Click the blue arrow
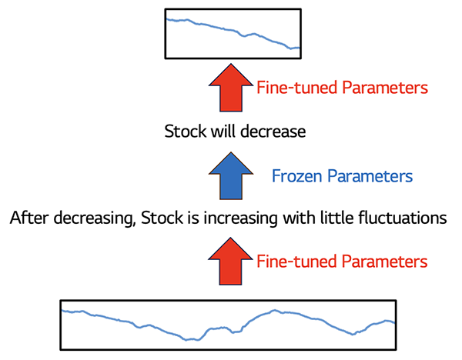(231, 176)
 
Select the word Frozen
(297, 176)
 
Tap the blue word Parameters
(370, 177)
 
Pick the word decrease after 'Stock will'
(273, 132)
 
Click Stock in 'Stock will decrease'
(186, 132)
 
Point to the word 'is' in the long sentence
(193, 218)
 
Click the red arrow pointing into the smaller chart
(231, 88)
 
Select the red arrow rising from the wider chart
(230, 262)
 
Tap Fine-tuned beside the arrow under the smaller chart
(297, 88)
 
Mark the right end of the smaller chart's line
(300, 48)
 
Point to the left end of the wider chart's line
(62, 310)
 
